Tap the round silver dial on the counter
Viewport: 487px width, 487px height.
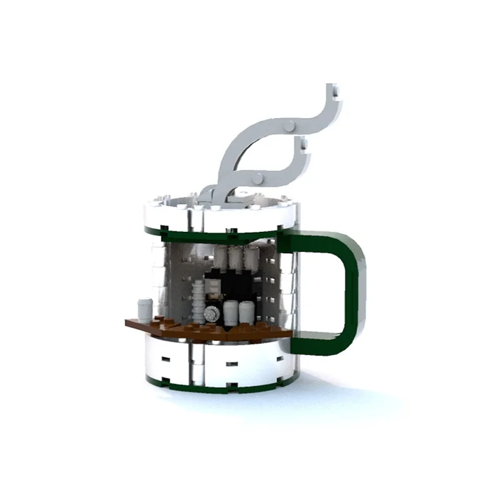click(x=211, y=314)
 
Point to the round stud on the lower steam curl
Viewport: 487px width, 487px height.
click(x=259, y=178)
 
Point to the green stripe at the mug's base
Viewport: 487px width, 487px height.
click(x=219, y=387)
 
